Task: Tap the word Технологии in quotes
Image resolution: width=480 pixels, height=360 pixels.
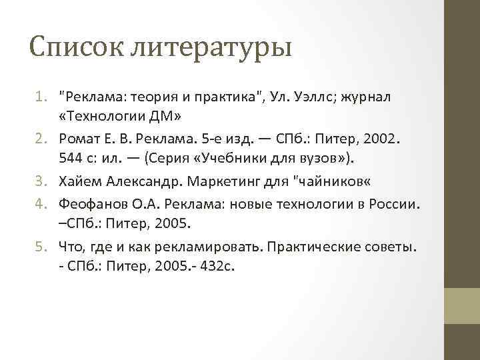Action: [x=104, y=117]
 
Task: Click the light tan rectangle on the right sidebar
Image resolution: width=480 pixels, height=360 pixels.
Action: [x=462, y=305]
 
